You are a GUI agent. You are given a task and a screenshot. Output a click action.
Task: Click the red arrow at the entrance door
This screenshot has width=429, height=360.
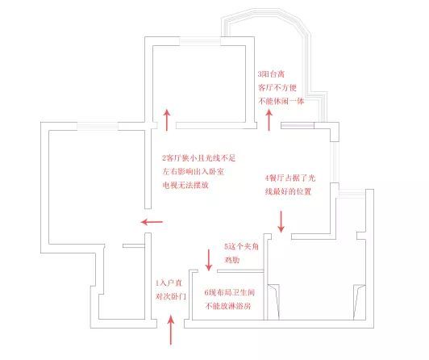pyautogui.click(x=171, y=329)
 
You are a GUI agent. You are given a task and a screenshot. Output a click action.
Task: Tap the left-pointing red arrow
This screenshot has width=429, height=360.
pyautogui.click(x=152, y=222)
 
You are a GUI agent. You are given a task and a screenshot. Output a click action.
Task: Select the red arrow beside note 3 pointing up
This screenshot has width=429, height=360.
pyautogui.click(x=269, y=120)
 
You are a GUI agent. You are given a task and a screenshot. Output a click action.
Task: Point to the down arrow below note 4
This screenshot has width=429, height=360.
pyautogui.click(x=281, y=221)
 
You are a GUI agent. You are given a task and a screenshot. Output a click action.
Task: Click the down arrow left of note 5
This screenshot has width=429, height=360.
pyautogui.click(x=209, y=260)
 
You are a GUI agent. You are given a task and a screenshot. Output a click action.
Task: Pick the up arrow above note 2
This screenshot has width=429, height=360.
pyautogui.click(x=167, y=120)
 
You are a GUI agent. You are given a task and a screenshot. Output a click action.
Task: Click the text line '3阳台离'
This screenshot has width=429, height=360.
pyautogui.click(x=272, y=74)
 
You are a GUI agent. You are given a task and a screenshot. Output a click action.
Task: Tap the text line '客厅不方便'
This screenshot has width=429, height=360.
pyautogui.click(x=277, y=88)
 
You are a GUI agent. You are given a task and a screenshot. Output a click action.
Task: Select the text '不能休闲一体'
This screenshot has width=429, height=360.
pyautogui.click(x=281, y=101)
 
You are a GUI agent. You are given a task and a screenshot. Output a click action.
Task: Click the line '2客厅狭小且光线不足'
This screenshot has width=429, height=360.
pyautogui.click(x=199, y=158)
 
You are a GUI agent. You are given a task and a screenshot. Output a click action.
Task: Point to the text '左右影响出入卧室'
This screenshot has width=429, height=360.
pyautogui.click(x=194, y=172)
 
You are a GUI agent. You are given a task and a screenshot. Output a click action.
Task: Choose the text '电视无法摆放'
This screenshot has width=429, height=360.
pyautogui.click(x=185, y=185)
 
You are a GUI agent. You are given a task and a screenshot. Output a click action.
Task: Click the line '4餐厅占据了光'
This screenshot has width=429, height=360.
pyautogui.click(x=290, y=178)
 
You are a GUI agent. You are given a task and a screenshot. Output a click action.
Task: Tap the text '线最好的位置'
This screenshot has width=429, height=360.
pyautogui.click(x=288, y=191)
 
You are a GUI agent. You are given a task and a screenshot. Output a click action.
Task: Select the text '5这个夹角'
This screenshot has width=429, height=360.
pyautogui.click(x=241, y=247)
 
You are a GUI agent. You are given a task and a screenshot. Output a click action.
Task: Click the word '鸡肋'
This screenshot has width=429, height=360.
pyautogui.click(x=232, y=260)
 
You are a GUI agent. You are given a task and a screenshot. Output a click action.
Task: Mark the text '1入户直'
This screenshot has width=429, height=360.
pyautogui.click(x=169, y=283)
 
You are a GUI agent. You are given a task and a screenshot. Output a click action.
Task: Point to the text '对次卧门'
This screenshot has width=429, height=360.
pyautogui.click(x=171, y=296)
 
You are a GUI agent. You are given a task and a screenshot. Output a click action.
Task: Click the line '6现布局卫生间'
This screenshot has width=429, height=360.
pyautogui.click(x=230, y=293)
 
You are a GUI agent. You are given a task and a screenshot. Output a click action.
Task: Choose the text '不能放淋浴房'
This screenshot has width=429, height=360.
pyautogui.click(x=228, y=306)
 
